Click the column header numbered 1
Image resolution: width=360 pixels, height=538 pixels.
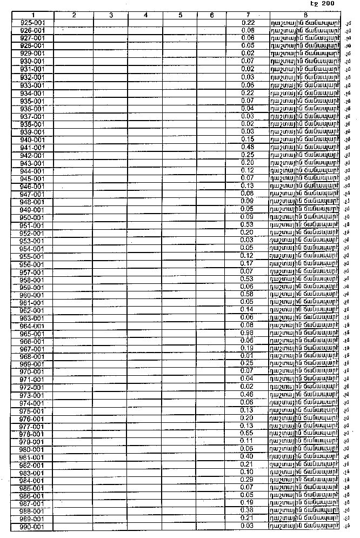(32, 15)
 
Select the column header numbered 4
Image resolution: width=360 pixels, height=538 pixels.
(146, 15)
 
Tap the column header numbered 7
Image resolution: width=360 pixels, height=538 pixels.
(248, 15)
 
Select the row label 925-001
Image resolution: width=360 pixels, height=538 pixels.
(32, 23)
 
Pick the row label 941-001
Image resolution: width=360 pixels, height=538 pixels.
(32, 148)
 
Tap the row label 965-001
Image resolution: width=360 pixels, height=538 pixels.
(32, 334)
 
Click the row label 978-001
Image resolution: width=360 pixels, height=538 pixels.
(32, 434)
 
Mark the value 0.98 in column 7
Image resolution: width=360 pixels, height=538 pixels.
(247, 333)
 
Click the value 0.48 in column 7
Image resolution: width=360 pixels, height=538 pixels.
(247, 147)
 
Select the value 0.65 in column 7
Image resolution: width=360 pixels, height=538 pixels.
(247, 433)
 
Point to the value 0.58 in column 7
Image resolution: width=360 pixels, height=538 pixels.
(247, 294)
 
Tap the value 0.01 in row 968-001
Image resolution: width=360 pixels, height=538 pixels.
(247, 356)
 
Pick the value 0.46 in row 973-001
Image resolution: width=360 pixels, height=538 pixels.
(247, 395)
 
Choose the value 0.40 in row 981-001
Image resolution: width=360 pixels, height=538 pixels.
(247, 456)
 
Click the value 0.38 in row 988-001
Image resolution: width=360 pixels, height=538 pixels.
(247, 510)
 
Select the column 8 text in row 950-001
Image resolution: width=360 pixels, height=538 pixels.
(305, 217)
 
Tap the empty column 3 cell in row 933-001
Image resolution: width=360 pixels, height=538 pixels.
(111, 85)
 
